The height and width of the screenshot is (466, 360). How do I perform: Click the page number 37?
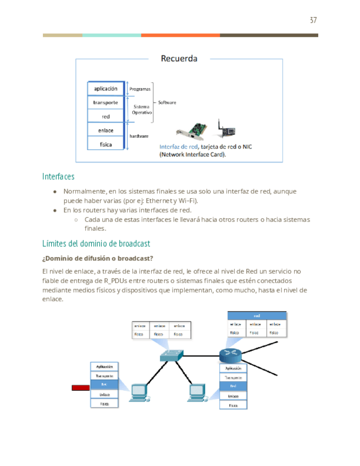(x=313, y=20)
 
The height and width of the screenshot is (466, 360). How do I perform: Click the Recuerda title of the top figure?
(x=179, y=58)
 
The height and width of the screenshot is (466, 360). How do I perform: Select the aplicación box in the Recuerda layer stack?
(x=106, y=88)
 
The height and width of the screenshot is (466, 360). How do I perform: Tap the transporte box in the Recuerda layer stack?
(x=106, y=103)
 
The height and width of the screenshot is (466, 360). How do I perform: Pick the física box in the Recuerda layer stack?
(x=106, y=144)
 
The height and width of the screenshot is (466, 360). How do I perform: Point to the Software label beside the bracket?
(x=167, y=103)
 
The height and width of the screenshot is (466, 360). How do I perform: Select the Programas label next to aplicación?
(x=139, y=88)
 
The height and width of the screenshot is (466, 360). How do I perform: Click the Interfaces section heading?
(x=58, y=176)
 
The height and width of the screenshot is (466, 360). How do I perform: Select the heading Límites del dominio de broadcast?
(x=96, y=243)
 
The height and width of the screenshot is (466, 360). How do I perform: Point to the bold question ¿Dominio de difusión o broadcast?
(x=97, y=258)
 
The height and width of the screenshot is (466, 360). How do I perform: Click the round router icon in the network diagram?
(x=230, y=354)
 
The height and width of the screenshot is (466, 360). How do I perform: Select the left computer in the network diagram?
(x=140, y=392)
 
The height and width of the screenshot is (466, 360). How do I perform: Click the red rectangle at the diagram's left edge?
(x=80, y=388)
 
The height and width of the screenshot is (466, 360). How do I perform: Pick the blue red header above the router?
(x=257, y=315)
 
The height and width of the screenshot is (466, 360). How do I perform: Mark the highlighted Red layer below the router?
(x=233, y=386)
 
